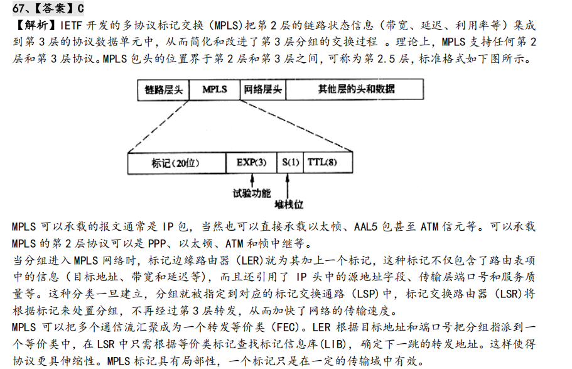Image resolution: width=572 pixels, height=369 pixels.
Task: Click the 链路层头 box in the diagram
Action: pyautogui.click(x=164, y=90)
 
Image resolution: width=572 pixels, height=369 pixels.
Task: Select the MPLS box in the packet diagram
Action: pyautogui.click(x=215, y=90)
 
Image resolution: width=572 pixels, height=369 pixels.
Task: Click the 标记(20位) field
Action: pyautogui.click(x=176, y=163)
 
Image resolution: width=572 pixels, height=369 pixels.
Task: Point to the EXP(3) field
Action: pyautogui.click(x=251, y=163)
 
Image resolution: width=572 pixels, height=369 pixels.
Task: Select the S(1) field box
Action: pyautogui.click(x=291, y=163)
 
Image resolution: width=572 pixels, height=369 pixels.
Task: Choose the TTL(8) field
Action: pyautogui.click(x=322, y=163)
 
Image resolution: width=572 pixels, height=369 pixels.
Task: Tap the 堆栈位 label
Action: pyautogui.click(x=289, y=205)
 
